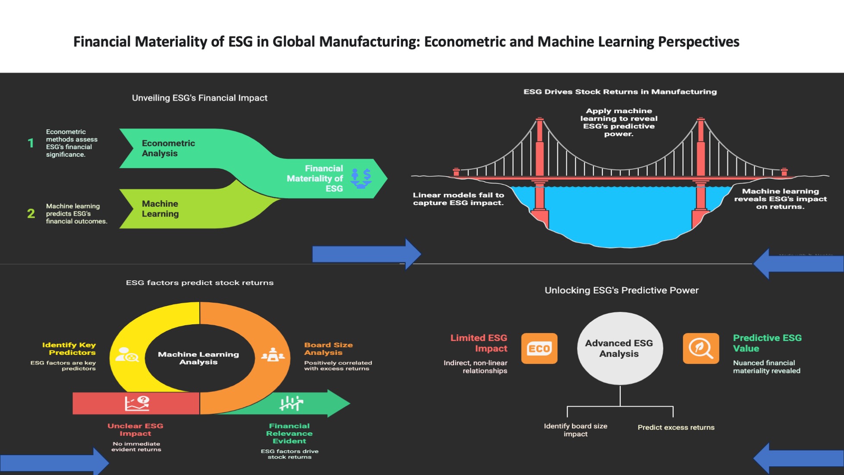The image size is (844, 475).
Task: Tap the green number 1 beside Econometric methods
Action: tap(31, 143)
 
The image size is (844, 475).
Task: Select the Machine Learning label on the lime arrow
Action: tap(160, 209)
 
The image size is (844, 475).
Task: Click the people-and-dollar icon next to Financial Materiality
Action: tap(361, 178)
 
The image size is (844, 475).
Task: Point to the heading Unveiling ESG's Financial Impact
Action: tap(199, 98)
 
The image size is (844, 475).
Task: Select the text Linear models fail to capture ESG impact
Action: tap(458, 199)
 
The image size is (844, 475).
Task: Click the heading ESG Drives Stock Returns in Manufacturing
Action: tap(620, 92)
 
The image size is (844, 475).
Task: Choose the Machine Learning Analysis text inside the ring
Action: tap(198, 358)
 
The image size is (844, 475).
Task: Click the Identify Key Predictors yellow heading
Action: tap(69, 348)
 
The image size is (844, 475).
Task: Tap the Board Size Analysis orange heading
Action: tap(328, 348)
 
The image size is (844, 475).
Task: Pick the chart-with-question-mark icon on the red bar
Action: tap(137, 403)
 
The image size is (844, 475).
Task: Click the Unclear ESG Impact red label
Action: tap(135, 430)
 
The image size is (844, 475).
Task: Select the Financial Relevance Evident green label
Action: tap(289, 433)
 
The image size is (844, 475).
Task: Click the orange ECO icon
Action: tap(539, 348)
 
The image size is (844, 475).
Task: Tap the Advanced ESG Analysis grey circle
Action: tap(619, 348)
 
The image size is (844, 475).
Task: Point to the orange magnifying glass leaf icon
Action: tap(701, 348)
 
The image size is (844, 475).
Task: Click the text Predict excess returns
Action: tap(676, 427)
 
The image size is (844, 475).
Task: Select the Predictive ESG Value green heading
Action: tap(767, 343)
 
